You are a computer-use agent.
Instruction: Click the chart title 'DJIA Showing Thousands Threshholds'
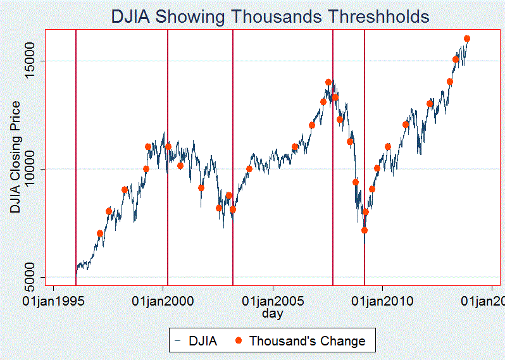270,16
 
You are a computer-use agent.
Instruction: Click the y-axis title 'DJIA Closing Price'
15,156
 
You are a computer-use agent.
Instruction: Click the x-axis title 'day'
273,313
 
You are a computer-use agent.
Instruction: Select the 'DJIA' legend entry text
203,341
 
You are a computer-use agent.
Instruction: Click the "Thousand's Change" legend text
307,341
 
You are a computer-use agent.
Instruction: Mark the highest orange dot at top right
467,39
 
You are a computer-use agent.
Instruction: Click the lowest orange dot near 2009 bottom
365,230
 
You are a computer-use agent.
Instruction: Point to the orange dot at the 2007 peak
328,82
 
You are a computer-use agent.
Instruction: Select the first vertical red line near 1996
76,158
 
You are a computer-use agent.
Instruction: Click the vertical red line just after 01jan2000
168,158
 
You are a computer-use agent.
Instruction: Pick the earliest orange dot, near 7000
100,233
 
